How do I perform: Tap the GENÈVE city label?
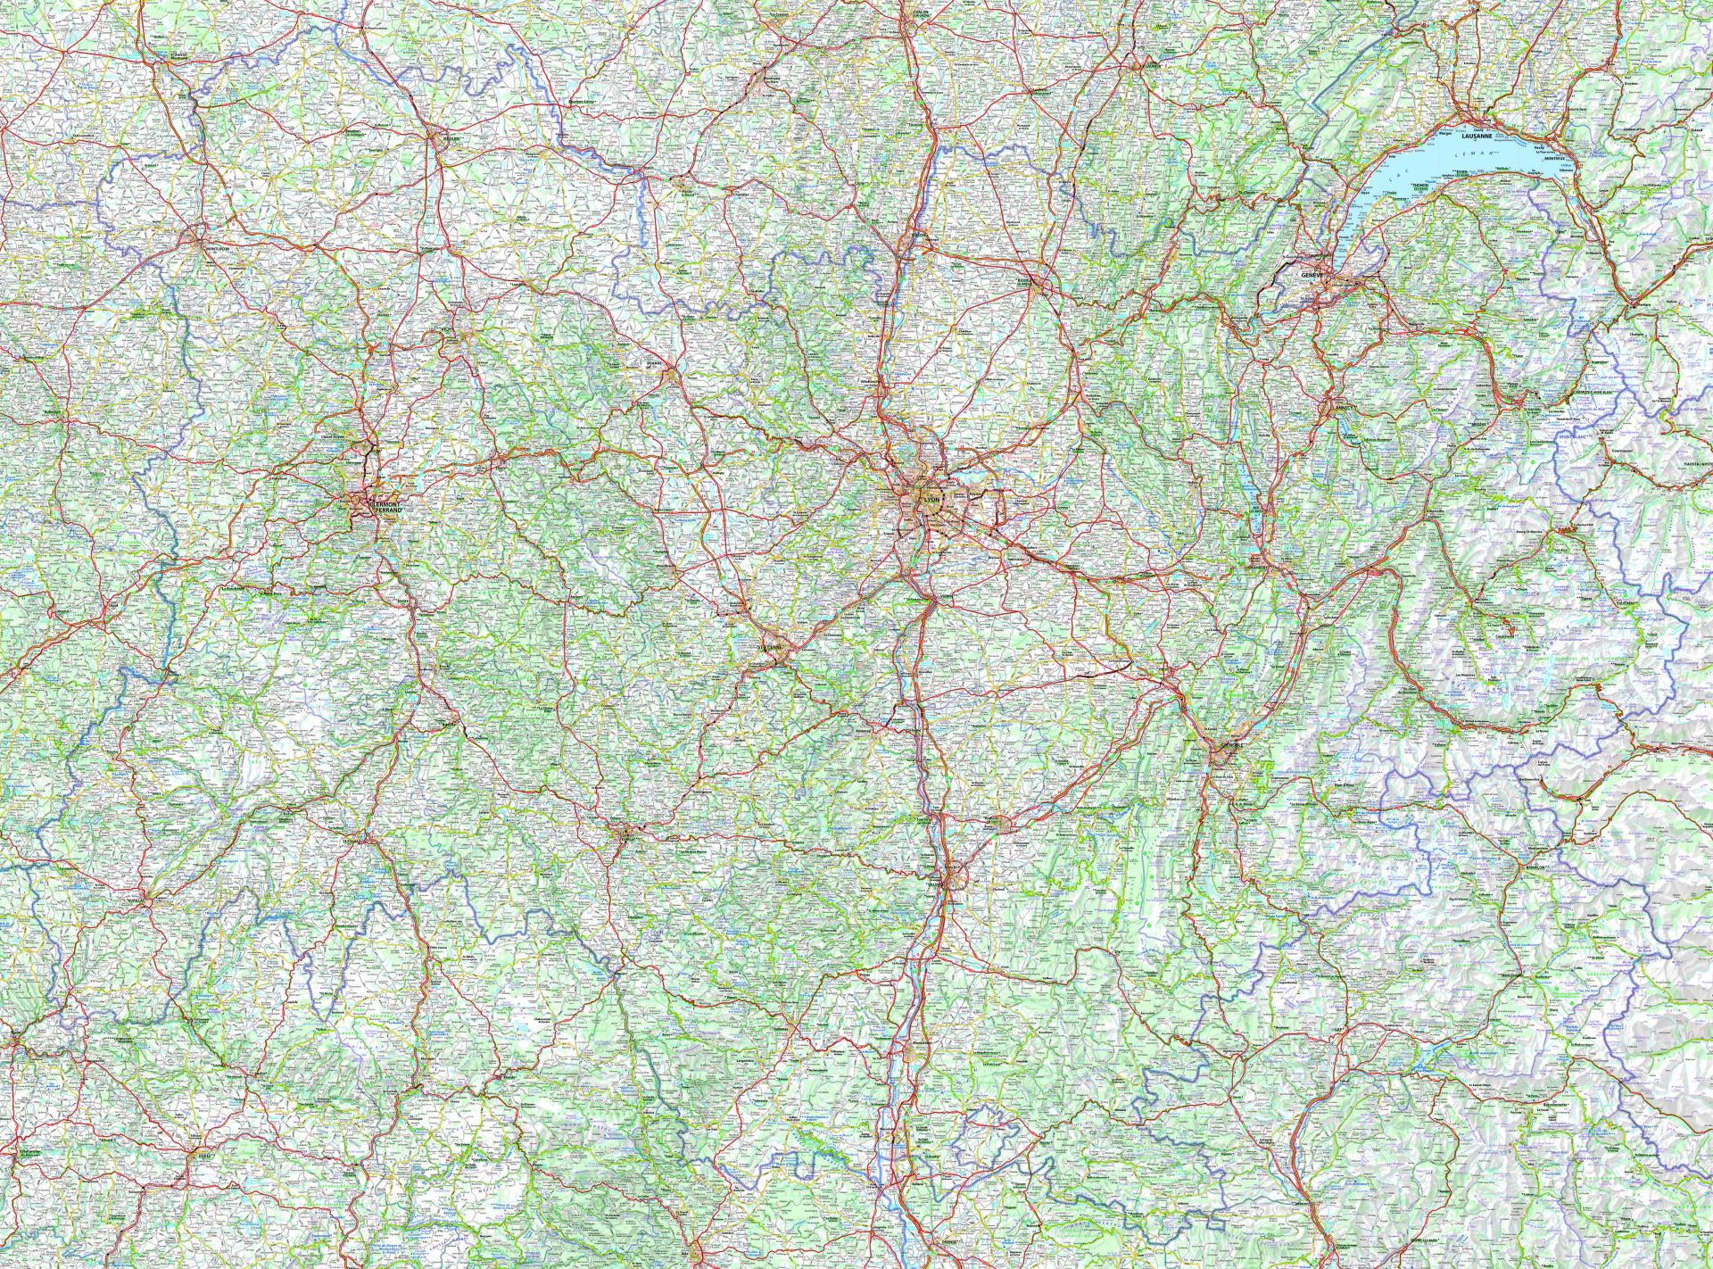point(1313,276)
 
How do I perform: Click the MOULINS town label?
point(443,137)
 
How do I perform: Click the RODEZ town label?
point(208,1155)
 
